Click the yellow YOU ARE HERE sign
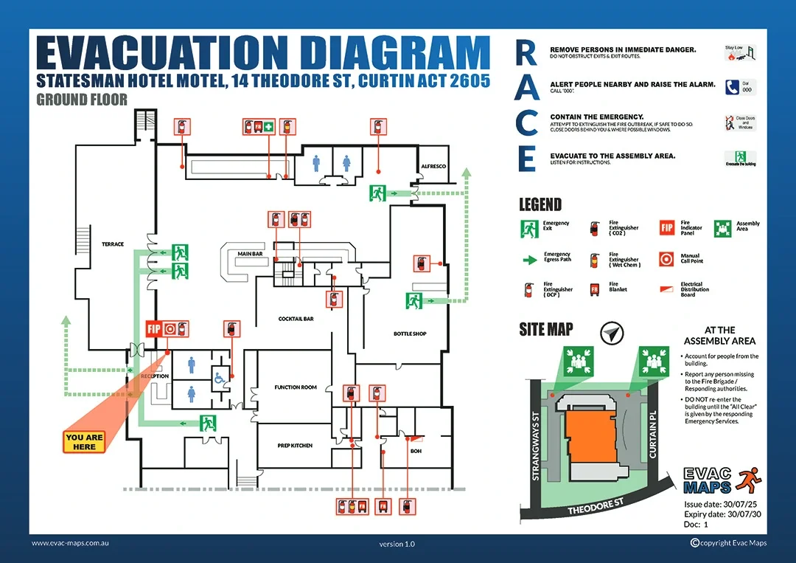point(85,442)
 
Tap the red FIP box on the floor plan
point(153,329)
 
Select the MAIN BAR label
point(250,254)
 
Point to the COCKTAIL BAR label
point(296,319)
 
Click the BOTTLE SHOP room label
point(410,334)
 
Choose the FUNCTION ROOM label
point(296,387)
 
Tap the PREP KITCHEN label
point(296,446)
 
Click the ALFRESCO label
point(433,167)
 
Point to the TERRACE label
point(113,244)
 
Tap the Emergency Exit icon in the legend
point(529,229)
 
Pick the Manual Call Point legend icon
point(667,259)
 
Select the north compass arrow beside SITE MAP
point(610,334)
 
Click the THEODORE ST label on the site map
point(596,506)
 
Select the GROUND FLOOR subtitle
point(82,100)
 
